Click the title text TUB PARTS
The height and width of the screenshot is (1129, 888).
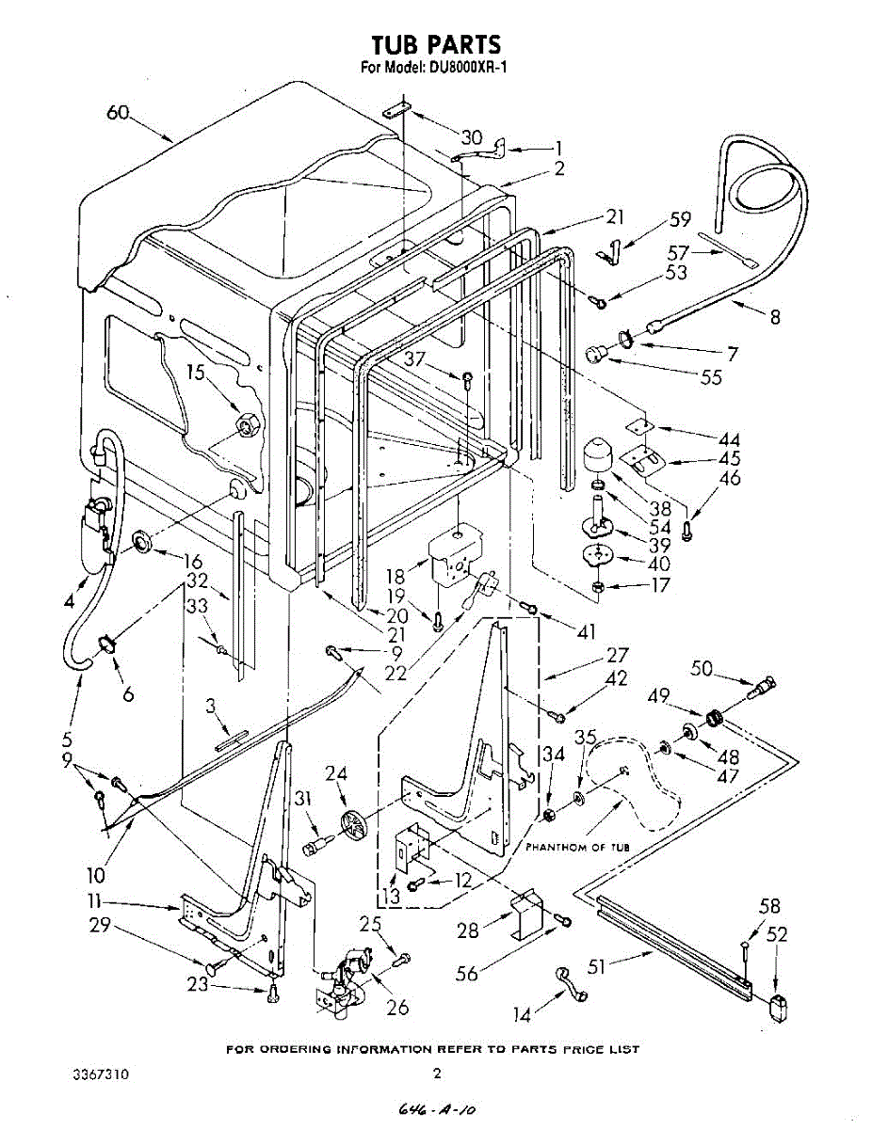pos(434,44)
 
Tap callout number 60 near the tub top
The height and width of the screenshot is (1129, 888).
pos(118,113)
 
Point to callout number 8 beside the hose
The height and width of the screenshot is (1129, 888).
pos(775,317)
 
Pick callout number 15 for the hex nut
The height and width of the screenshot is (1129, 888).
pos(194,373)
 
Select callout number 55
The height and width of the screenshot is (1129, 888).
pos(711,377)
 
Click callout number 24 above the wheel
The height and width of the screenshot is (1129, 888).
pos(337,774)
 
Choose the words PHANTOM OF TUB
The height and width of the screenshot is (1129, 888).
pos(576,848)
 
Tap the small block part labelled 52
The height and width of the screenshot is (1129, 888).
pos(777,1008)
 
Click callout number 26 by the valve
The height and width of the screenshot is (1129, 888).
pos(397,1008)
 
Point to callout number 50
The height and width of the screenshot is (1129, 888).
pos(702,669)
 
